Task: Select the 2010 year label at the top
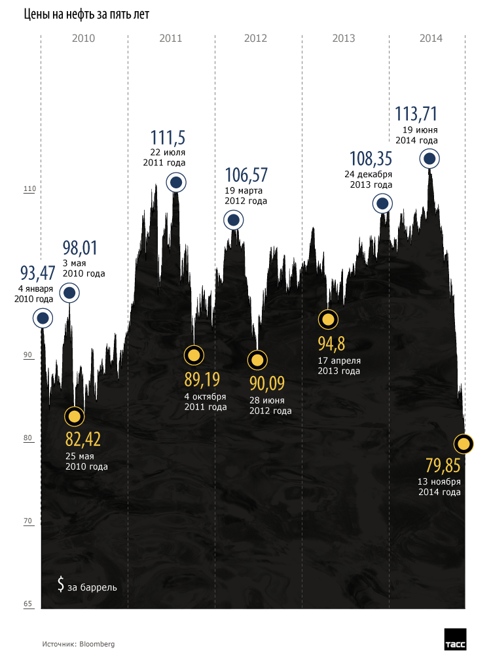[83, 39]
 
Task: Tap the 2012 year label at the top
[255, 39]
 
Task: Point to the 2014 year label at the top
[431, 39]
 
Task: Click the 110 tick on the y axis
[28, 190]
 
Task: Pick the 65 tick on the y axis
[28, 604]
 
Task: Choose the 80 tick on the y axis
[28, 439]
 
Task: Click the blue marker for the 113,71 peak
[429, 158]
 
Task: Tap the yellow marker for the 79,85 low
[464, 445]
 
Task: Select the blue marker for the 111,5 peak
[175, 183]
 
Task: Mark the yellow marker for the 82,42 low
[75, 417]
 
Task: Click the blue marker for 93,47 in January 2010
[43, 318]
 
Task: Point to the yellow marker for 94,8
[328, 320]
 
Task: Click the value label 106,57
[246, 175]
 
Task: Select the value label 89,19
[202, 380]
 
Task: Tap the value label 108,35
[371, 159]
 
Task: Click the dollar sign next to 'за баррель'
[60, 584]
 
